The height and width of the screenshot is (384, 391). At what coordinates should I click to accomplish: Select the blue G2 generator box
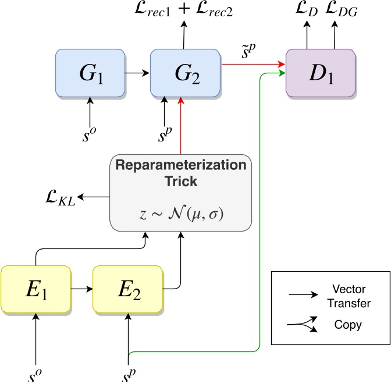point(184,73)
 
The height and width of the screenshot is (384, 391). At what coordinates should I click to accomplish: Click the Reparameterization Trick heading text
point(180,172)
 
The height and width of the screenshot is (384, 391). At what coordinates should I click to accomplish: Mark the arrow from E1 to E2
point(81,288)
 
